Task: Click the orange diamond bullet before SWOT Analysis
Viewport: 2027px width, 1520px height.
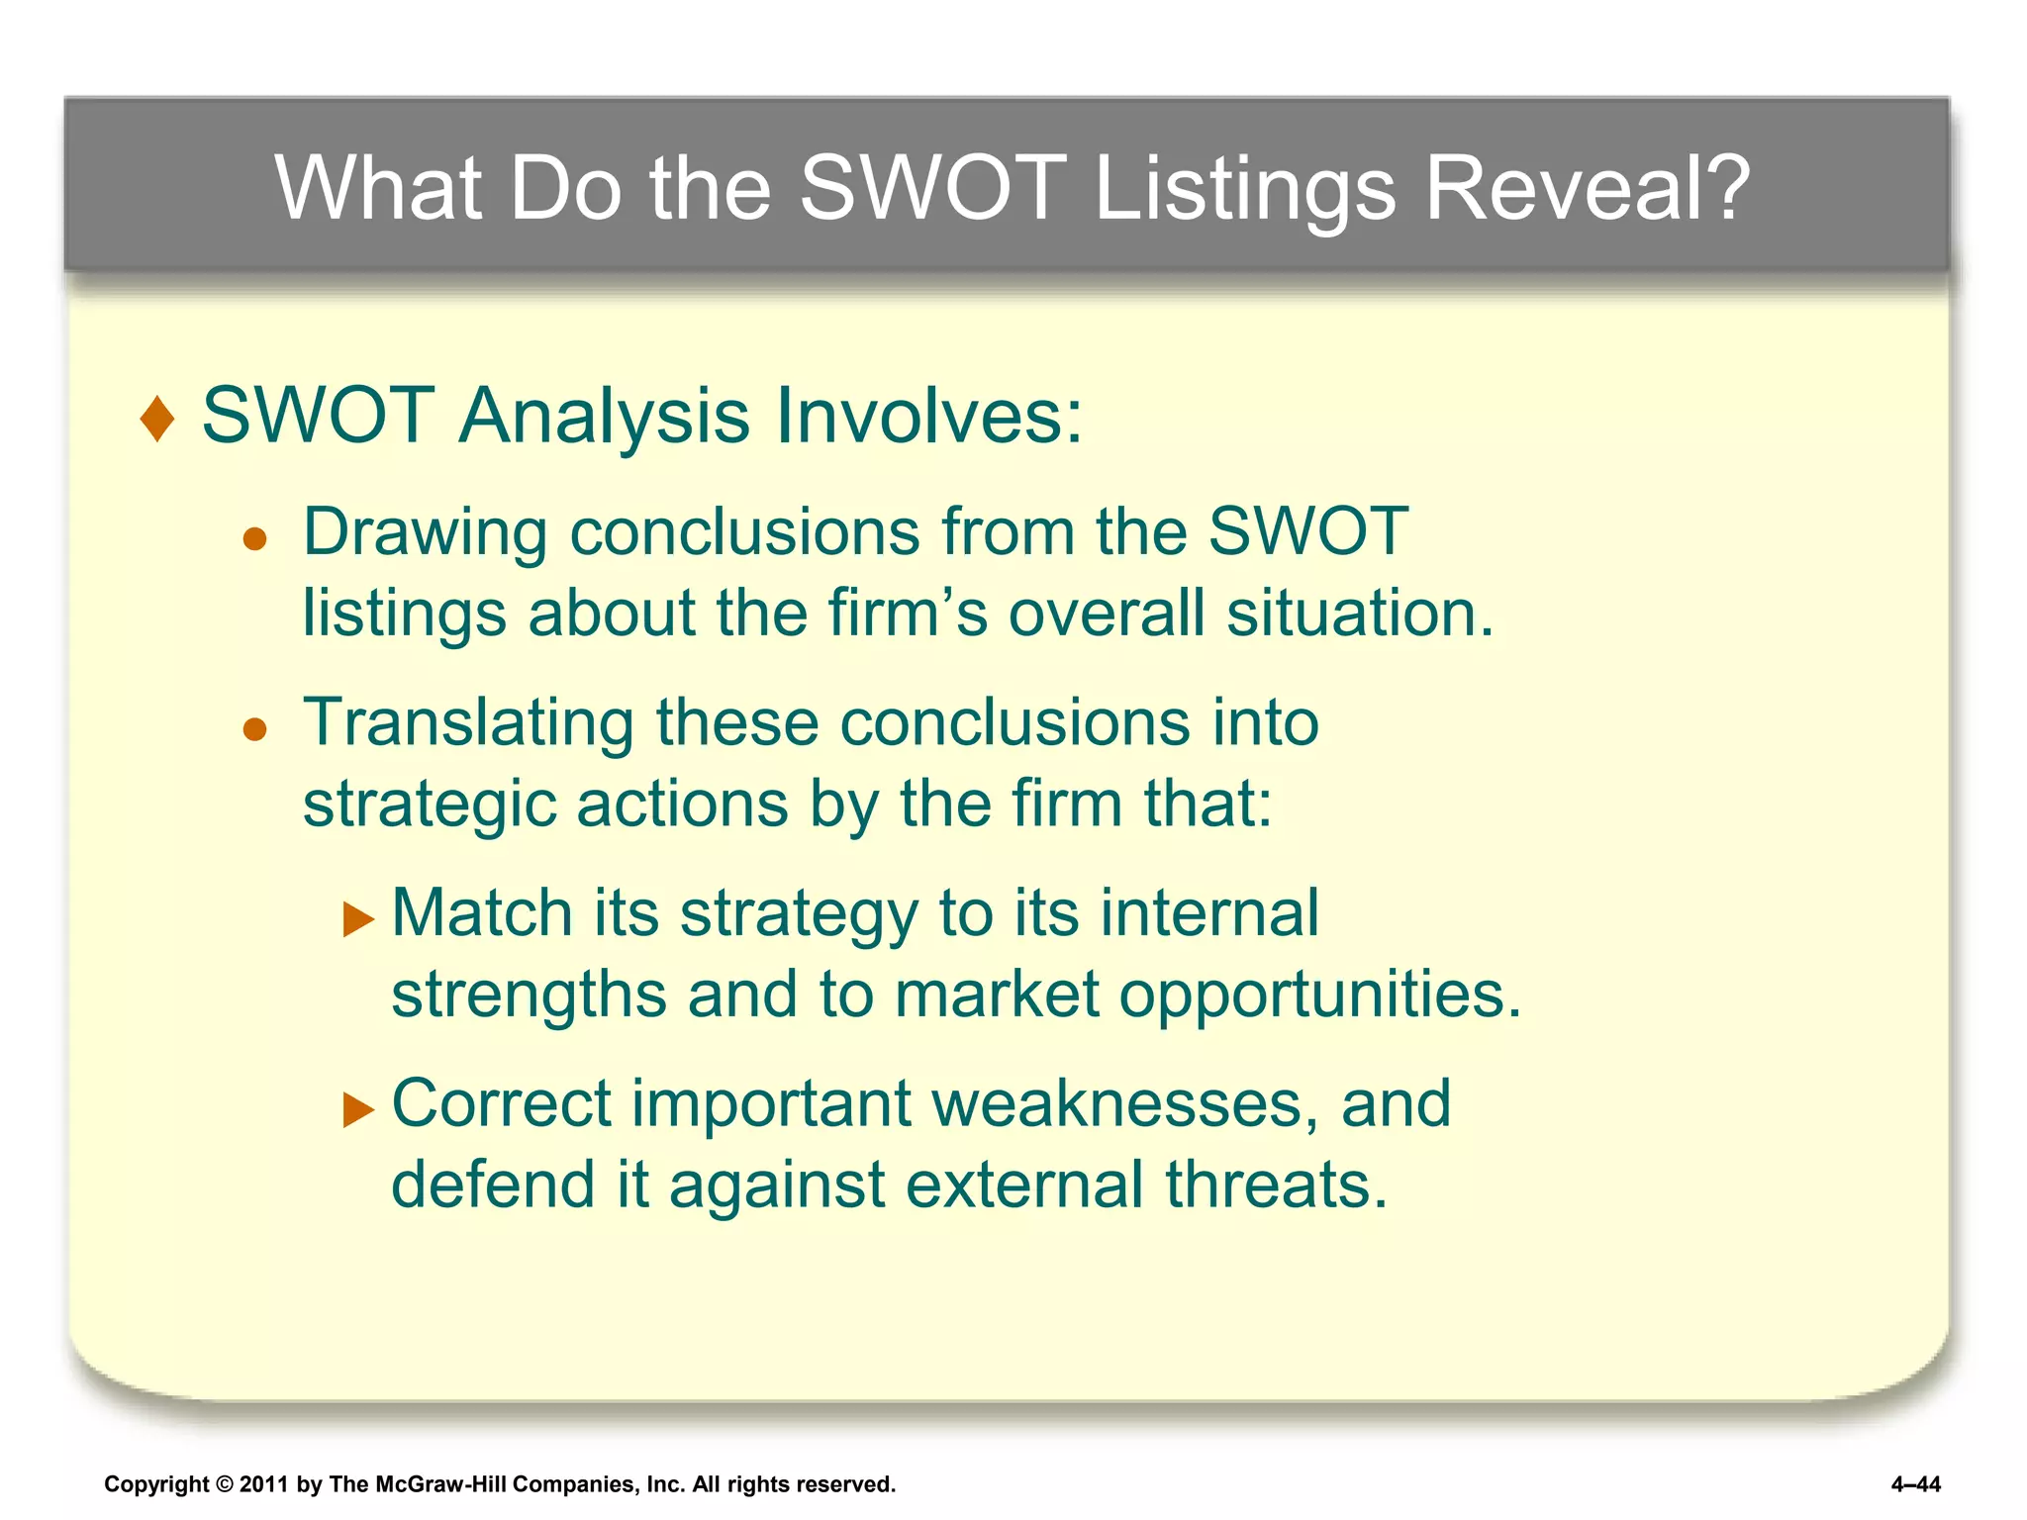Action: pyautogui.click(x=157, y=419)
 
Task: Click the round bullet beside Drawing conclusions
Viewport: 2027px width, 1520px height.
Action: pyautogui.click(x=255, y=539)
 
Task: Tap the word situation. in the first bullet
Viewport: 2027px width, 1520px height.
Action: pyautogui.click(x=1360, y=614)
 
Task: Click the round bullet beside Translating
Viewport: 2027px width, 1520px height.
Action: pyautogui.click(x=255, y=730)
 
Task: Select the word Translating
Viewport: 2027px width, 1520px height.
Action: pyautogui.click(x=467, y=722)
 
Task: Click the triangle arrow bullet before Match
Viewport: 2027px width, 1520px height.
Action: pyautogui.click(x=358, y=919)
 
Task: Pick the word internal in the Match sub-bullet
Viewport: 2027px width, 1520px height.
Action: pyautogui.click(x=1208, y=912)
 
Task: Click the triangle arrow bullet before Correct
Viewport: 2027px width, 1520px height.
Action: pyautogui.click(x=358, y=1110)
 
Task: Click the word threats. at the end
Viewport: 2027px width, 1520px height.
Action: pyautogui.click(x=1276, y=1185)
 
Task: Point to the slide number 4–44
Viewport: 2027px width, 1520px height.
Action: pyautogui.click(x=1915, y=1484)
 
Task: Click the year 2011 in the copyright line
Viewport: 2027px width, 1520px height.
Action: pyautogui.click(x=263, y=1484)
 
